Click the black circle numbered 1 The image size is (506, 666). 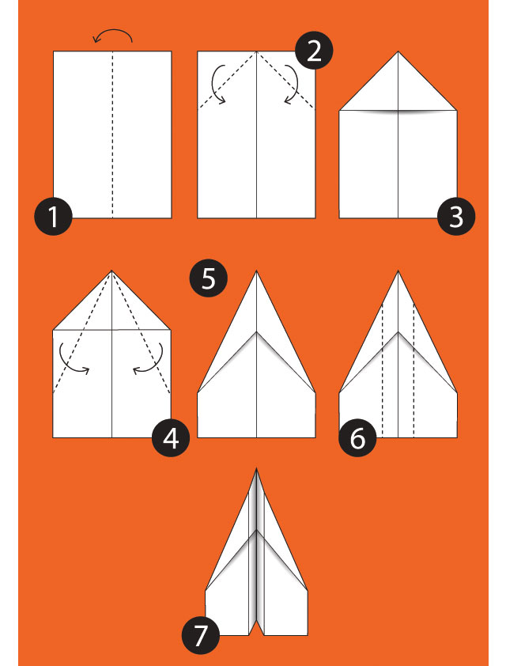pos(53,216)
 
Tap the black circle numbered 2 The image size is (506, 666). pos(314,51)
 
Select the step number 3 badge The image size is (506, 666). pos(456,216)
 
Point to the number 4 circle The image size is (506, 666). pos(171,438)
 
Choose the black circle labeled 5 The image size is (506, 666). pos(209,278)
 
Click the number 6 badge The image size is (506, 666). pos(357,438)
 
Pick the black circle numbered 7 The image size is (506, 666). pos(201,636)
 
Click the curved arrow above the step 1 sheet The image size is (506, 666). pos(113,30)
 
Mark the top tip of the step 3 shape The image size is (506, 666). pos(398,51)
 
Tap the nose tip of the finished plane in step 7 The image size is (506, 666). pos(256,468)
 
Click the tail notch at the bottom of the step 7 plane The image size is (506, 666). pos(256,619)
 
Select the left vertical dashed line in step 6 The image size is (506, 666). pos(383,370)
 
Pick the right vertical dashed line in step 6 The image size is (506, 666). pos(413,370)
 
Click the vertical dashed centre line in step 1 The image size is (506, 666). pos(113,134)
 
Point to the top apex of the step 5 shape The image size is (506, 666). pos(256,271)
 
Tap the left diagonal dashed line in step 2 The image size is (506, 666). pos(227,81)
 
